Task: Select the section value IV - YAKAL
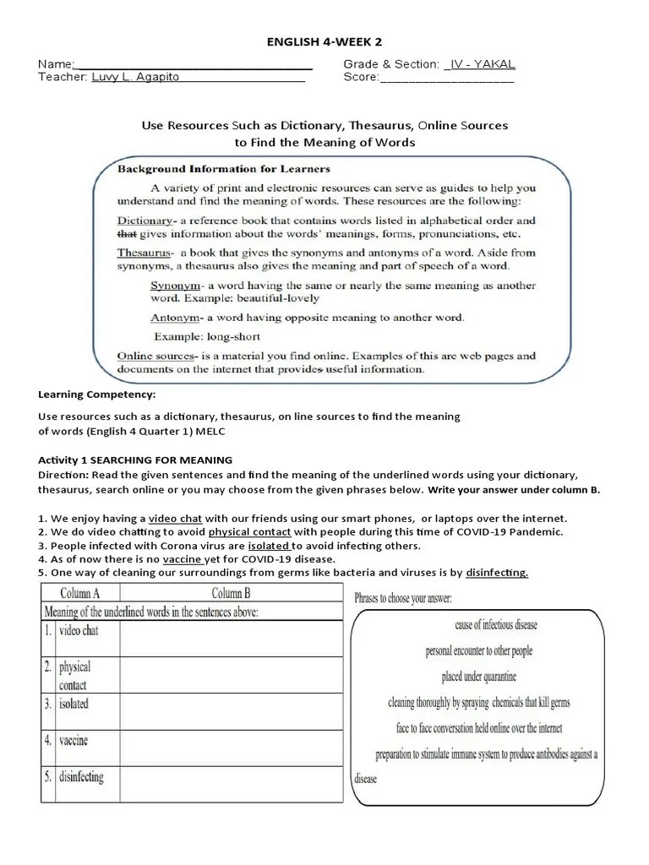tap(479, 64)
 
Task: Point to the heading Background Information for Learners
tap(223, 169)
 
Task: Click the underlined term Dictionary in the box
tap(145, 220)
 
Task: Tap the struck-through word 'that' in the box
tap(126, 233)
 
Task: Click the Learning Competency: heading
tap(97, 394)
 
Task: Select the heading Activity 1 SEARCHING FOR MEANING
tap(135, 460)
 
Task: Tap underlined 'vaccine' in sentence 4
tap(183, 558)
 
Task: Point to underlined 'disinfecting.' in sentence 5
tap(497, 572)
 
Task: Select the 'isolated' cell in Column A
tap(74, 703)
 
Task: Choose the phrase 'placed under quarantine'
tap(478, 677)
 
